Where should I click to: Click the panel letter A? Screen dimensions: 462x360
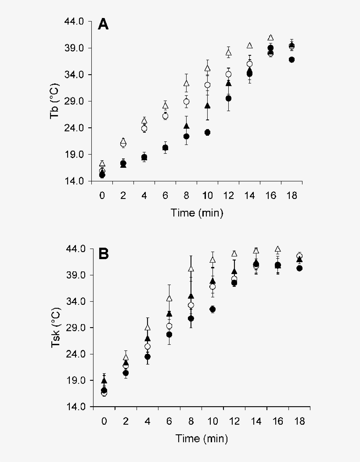(x=103, y=24)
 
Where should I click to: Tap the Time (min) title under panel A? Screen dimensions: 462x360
(x=197, y=213)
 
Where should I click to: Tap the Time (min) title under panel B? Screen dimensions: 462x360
(x=202, y=438)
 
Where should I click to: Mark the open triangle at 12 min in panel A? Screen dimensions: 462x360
(x=228, y=53)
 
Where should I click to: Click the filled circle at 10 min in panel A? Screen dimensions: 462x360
(x=207, y=132)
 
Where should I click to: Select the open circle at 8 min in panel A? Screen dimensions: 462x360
(x=186, y=102)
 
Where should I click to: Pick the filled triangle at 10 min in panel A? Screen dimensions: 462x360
(x=207, y=105)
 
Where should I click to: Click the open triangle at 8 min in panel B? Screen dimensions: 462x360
(x=191, y=269)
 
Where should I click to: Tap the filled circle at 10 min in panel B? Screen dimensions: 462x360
(x=212, y=309)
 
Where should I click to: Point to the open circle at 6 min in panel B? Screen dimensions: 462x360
(x=169, y=326)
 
